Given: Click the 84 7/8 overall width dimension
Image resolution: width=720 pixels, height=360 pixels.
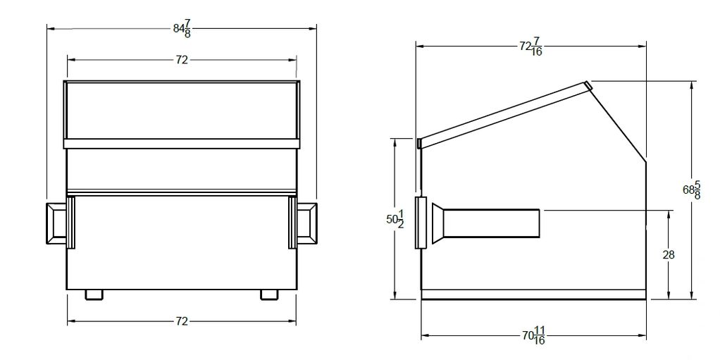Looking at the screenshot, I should tap(182, 29).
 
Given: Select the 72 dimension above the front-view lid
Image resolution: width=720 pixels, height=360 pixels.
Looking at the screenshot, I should tap(182, 61).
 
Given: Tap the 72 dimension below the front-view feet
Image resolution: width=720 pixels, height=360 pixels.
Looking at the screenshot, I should tap(182, 321).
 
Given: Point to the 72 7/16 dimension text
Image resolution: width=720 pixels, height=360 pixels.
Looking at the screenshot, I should tap(530, 46).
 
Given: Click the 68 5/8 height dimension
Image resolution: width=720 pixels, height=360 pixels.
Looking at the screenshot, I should tap(691, 190).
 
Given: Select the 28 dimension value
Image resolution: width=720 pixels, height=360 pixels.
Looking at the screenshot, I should tap(669, 255).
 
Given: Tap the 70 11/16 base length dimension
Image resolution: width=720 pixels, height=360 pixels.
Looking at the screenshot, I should tap(533, 337).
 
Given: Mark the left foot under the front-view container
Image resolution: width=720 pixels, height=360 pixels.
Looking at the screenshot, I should tap(94, 294).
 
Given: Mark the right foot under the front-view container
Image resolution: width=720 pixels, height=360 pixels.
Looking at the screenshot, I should tap(268, 294).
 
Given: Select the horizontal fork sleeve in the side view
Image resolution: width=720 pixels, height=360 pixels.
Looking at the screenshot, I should tap(493, 223).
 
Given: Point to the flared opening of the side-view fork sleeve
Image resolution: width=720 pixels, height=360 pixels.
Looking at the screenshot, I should tap(438, 223).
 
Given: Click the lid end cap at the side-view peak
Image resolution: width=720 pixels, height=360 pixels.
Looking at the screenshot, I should tap(588, 86).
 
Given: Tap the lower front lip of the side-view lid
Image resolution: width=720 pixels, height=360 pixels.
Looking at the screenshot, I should tap(419, 143).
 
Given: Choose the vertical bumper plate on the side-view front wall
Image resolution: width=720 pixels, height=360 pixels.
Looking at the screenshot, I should tap(421, 223).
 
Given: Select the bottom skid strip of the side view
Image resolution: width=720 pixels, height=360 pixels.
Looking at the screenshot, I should tap(533, 294).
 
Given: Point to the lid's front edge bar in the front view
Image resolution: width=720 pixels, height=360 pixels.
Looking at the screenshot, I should tap(182, 144).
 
